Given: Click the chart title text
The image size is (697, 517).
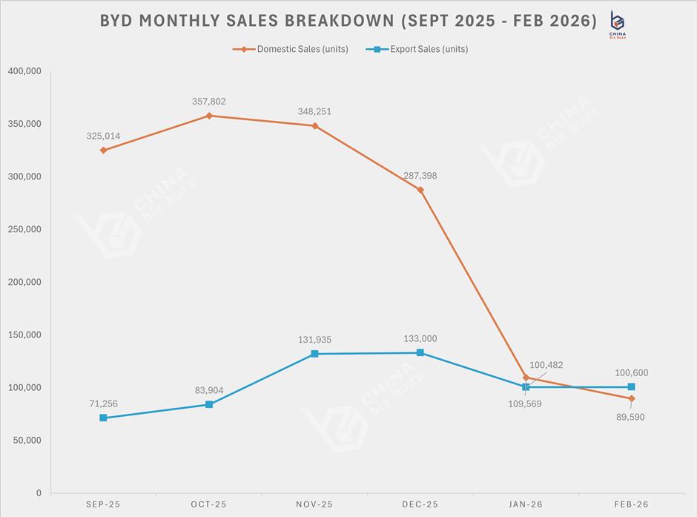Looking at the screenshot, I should pos(348,21).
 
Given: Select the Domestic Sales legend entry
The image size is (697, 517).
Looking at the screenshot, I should pos(291,49).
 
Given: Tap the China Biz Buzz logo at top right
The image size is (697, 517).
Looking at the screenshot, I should pos(617,23).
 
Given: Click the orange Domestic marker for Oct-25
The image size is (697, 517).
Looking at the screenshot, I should pos(209,116).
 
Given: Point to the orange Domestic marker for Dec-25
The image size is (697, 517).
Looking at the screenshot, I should pos(420,190).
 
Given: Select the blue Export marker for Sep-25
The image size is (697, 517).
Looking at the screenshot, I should pos(103,418).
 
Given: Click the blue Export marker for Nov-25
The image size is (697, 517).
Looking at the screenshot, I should pos(314,354).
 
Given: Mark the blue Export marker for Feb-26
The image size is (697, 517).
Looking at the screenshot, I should pos(631,386).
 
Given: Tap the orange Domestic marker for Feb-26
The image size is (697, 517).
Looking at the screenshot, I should pos(631,398).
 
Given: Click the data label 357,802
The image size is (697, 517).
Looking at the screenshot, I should pos(208,102).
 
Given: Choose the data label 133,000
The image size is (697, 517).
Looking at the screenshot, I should pos(420,339).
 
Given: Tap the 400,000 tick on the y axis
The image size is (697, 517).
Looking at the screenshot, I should pos(24,71).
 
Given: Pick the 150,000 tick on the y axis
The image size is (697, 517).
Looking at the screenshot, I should pos(24,335).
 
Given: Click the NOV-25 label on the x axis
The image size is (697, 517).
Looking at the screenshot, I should pos(314,504).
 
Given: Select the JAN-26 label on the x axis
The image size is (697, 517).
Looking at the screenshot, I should pos(526,504).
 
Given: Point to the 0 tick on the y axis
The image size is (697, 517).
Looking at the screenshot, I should pos(39,493).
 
